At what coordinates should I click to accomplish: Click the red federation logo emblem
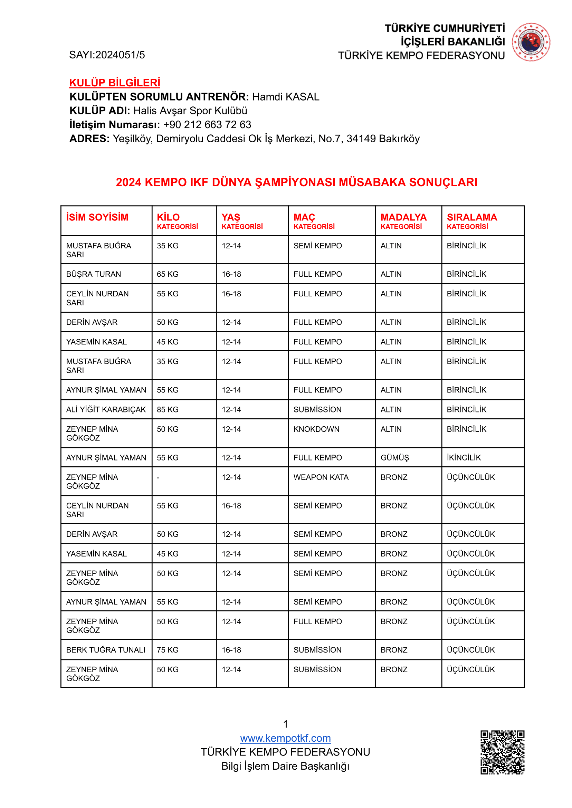tap(531, 42)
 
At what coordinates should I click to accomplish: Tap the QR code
tap(502, 752)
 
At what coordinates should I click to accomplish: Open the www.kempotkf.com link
tap(285, 738)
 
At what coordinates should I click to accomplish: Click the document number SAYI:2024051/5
tap(107, 55)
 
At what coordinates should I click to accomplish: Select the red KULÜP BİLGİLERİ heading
tap(114, 83)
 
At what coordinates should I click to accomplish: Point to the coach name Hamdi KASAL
tap(286, 97)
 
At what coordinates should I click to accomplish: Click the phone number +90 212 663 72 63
tap(207, 125)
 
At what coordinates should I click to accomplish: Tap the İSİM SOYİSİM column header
tap(97, 217)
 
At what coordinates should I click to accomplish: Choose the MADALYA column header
tap(403, 217)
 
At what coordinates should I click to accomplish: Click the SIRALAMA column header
tap(471, 217)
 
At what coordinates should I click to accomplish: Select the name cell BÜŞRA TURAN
tap(93, 274)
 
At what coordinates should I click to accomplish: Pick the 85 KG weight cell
tap(168, 410)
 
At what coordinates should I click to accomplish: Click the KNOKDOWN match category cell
tap(316, 429)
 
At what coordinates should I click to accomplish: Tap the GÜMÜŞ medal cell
tap(394, 457)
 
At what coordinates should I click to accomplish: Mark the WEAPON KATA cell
tap(321, 477)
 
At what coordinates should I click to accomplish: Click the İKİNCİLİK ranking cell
tap(464, 457)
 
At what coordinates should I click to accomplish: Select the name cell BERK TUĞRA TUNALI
tap(106, 650)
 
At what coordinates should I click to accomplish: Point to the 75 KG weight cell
tap(168, 650)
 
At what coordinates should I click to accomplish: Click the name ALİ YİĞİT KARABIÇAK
tap(106, 410)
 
